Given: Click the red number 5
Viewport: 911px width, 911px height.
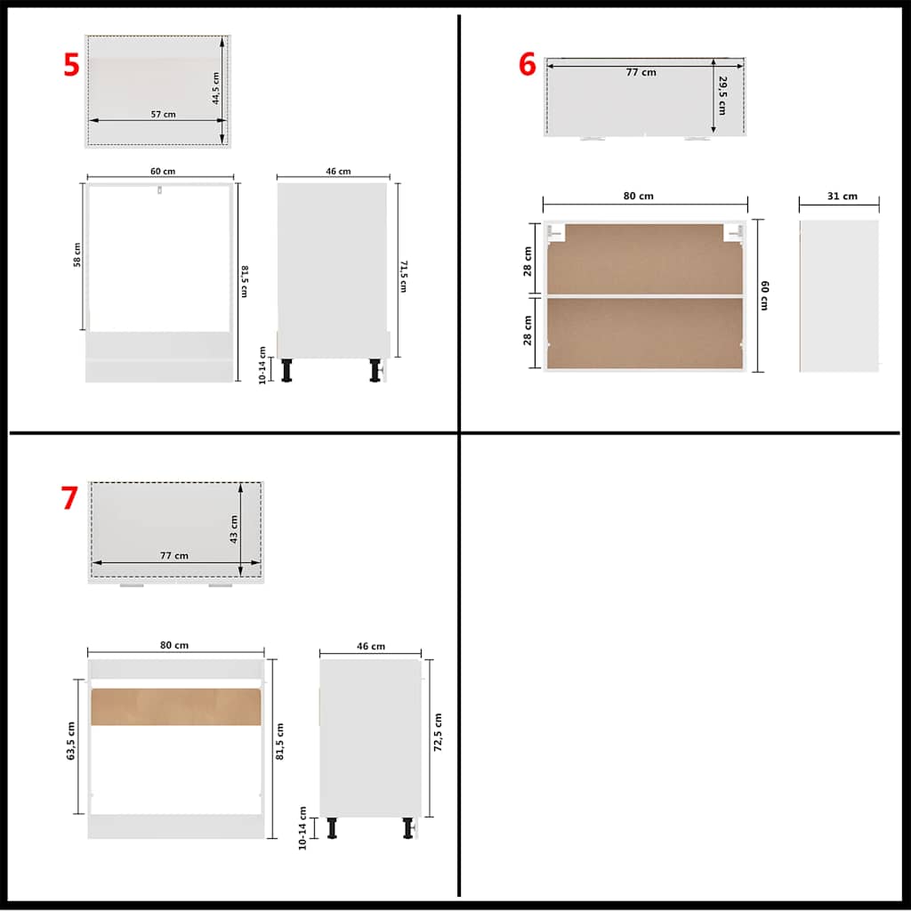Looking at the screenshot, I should click(x=71, y=64).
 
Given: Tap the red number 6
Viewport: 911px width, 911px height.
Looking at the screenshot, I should click(x=528, y=65).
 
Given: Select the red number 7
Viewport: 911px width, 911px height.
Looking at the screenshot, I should click(x=69, y=498).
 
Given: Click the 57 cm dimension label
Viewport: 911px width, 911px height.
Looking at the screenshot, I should click(x=163, y=114).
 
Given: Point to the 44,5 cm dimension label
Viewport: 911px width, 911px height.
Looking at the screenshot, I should click(x=216, y=88).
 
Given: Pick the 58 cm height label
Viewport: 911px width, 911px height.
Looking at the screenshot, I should click(x=77, y=254).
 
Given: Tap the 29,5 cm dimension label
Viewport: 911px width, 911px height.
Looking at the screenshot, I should click(x=722, y=95).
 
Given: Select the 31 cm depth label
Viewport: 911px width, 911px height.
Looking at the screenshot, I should click(x=842, y=196).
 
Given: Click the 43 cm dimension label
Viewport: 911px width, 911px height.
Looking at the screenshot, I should click(x=235, y=528).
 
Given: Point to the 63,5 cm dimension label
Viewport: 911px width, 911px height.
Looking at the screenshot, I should click(x=71, y=745).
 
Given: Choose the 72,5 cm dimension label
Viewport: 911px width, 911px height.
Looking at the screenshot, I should click(x=438, y=732).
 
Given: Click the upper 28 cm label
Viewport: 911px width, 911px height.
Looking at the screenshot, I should click(x=528, y=261).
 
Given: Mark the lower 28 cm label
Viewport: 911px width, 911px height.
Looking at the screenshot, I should click(x=528, y=333).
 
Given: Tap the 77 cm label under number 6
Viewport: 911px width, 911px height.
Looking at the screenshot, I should click(x=641, y=72).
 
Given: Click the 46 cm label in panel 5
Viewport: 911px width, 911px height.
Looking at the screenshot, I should click(x=338, y=171).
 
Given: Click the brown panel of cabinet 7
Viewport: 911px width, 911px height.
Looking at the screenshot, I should click(x=175, y=706).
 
